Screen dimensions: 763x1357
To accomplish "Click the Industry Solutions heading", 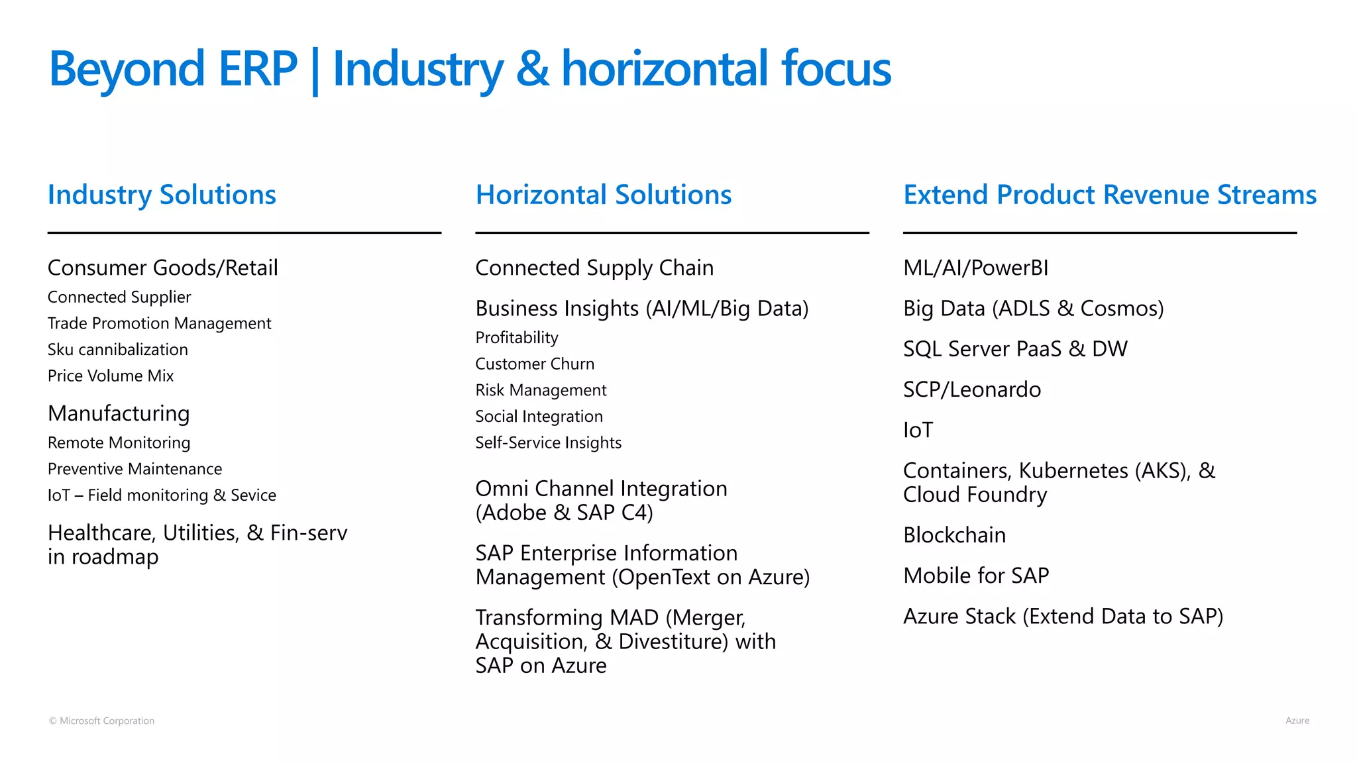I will (x=162, y=195).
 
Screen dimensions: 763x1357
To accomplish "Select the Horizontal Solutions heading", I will (x=603, y=195).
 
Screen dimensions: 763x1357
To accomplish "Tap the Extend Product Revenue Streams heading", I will (x=1110, y=195).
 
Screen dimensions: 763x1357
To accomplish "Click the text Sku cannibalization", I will (x=118, y=350).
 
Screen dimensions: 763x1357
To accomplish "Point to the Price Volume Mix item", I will (x=111, y=376).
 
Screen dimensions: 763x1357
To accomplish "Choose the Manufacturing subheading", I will (x=119, y=413).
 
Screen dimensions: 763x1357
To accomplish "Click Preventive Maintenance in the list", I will (x=135, y=469).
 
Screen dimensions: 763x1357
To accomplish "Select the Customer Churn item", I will (x=535, y=364).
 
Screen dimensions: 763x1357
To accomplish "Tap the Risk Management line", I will (x=541, y=390).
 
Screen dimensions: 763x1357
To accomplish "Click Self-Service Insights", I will (x=548, y=442).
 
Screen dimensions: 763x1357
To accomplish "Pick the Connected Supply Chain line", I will (x=594, y=268).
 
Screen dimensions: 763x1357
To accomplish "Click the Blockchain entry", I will (x=954, y=535).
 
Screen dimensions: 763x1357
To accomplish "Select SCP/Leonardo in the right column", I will (x=971, y=389).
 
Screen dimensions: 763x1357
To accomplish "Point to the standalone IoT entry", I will (x=918, y=431).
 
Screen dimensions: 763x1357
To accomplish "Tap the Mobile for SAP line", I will (x=976, y=576).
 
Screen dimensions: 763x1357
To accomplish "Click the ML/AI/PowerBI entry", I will (x=975, y=268).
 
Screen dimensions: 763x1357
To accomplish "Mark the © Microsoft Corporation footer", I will (x=101, y=721).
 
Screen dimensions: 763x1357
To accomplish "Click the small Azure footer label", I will (x=1297, y=721).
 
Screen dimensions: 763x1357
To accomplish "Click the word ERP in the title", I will (x=258, y=69).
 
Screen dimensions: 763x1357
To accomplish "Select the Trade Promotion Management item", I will (x=159, y=323).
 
